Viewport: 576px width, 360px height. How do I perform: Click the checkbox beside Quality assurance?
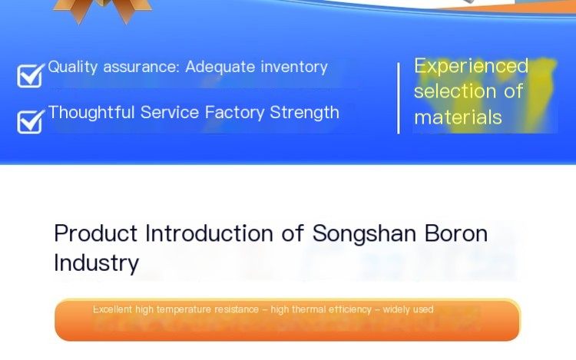coord(30,75)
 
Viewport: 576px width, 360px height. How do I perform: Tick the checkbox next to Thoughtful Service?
coord(30,121)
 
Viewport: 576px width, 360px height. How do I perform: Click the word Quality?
coord(73,68)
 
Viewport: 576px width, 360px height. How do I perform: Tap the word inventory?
coord(294,68)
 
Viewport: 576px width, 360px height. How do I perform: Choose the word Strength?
coord(305,113)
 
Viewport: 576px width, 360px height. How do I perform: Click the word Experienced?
coord(472,67)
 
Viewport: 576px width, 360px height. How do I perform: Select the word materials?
coord(458,117)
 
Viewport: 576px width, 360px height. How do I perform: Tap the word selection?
coord(455,91)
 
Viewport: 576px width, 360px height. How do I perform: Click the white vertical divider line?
coord(399,98)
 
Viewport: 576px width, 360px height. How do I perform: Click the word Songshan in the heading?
coord(364,234)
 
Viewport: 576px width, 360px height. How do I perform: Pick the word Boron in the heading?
coord(456,233)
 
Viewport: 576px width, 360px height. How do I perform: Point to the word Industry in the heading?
coord(96,263)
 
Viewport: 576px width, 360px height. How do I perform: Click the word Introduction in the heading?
coord(209,233)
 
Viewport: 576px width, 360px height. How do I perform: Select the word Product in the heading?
coord(95,233)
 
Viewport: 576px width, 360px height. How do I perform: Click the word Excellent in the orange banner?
coord(112,309)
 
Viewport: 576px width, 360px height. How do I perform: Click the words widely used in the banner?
coord(408,310)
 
